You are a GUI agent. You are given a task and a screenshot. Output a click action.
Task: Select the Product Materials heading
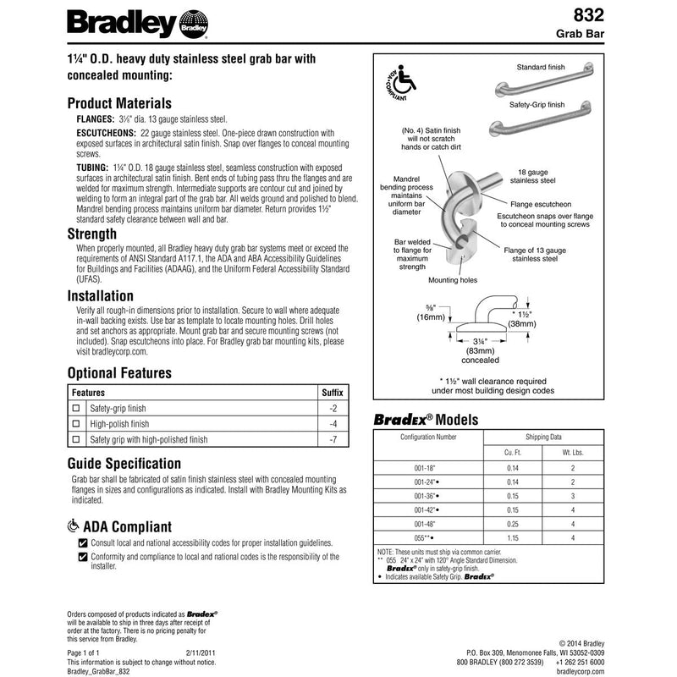124,102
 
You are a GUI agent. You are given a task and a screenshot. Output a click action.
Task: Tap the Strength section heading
91,234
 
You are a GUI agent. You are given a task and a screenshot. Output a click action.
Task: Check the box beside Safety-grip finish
76,409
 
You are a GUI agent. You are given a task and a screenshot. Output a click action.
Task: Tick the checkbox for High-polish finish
76,424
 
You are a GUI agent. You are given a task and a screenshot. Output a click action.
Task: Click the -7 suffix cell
333,440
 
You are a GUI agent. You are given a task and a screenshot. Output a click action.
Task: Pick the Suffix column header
333,394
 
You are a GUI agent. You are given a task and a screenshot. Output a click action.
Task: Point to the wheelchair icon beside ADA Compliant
73,526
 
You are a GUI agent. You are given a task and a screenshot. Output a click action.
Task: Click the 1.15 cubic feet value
510,537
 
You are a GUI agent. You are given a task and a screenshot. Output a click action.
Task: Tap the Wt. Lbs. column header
574,453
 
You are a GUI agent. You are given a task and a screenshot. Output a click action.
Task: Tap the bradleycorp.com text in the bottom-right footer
581,670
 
